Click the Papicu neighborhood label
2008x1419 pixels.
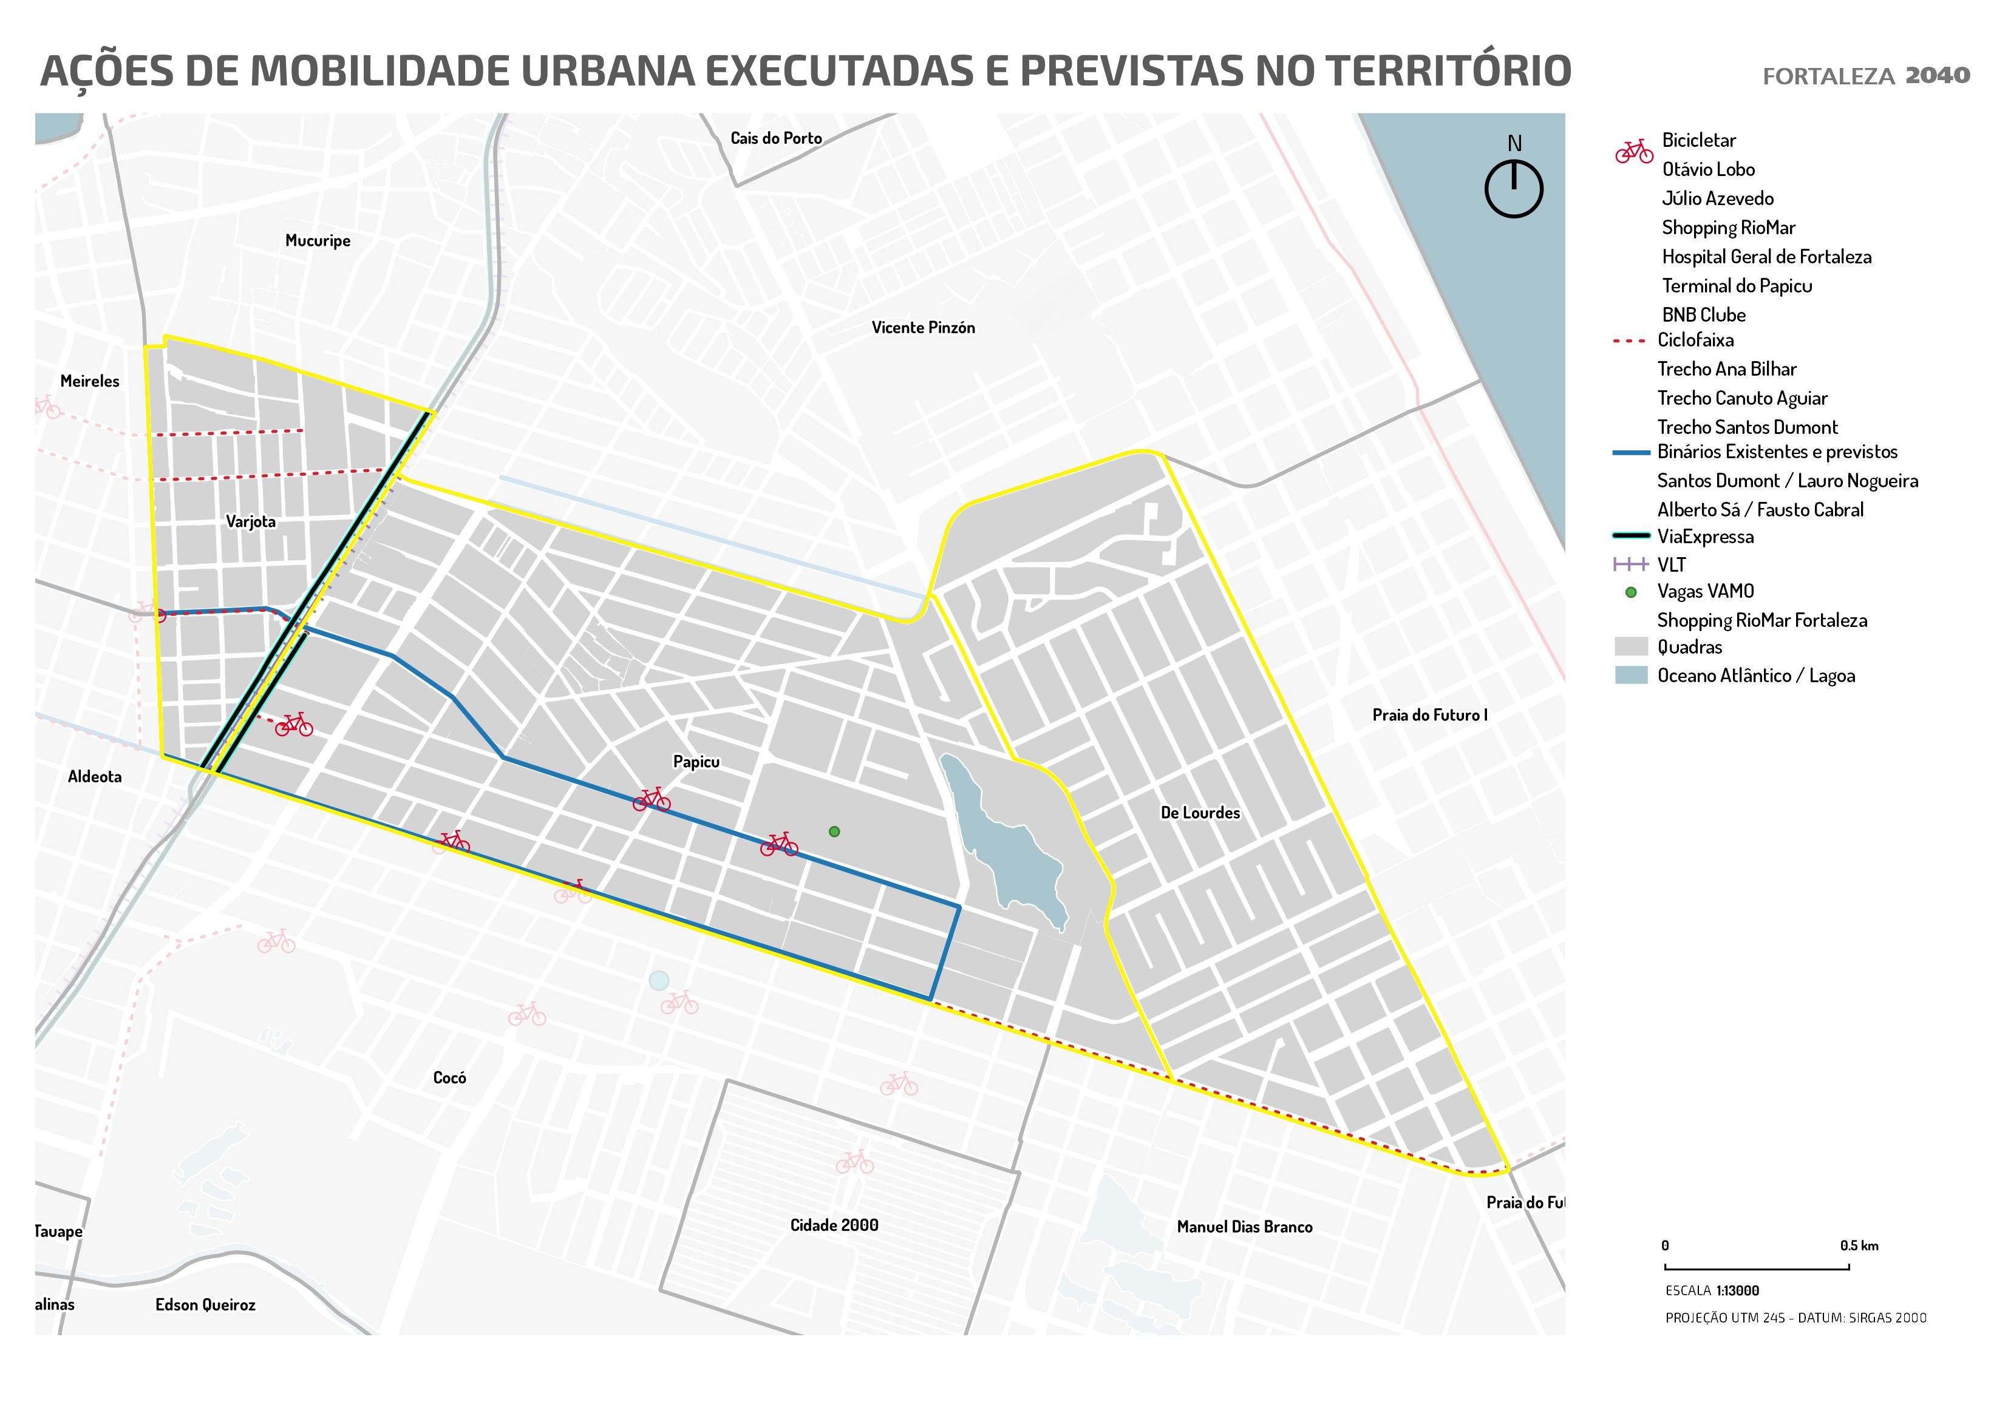pos(696,762)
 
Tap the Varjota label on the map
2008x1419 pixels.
pos(250,522)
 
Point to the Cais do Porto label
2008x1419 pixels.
pos(776,138)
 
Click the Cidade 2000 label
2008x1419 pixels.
pos(834,1225)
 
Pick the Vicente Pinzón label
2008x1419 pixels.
pos(923,328)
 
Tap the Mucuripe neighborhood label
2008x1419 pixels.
pos(318,240)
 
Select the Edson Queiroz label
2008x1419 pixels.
pos(205,1304)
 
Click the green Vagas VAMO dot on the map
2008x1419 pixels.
pos(834,831)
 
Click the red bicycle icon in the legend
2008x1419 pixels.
pos(1633,151)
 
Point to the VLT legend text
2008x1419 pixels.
pos(1670,565)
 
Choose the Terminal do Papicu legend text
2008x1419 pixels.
pos(1736,286)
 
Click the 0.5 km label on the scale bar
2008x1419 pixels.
pos(1859,1246)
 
